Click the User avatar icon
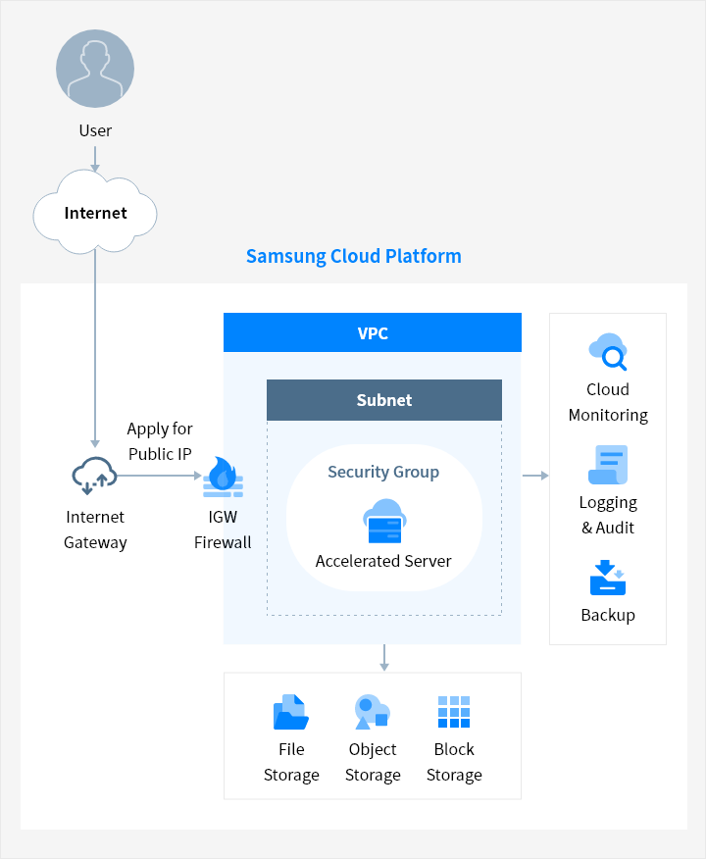click(95, 69)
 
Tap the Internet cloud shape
click(95, 212)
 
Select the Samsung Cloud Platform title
click(354, 256)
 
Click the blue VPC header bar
click(373, 332)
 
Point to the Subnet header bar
click(384, 400)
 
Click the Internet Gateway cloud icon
click(94, 476)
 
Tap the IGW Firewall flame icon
click(223, 477)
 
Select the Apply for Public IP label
click(160, 441)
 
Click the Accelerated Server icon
click(384, 521)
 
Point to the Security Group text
click(383, 472)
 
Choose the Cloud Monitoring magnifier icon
click(608, 352)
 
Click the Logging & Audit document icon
click(608, 465)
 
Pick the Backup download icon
click(608, 578)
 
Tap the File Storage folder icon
click(291, 712)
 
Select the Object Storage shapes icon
click(372, 712)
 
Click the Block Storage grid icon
click(454, 712)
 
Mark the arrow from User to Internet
click(95, 159)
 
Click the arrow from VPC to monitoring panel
click(535, 476)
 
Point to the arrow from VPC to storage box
click(384, 657)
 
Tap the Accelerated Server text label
click(383, 561)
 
